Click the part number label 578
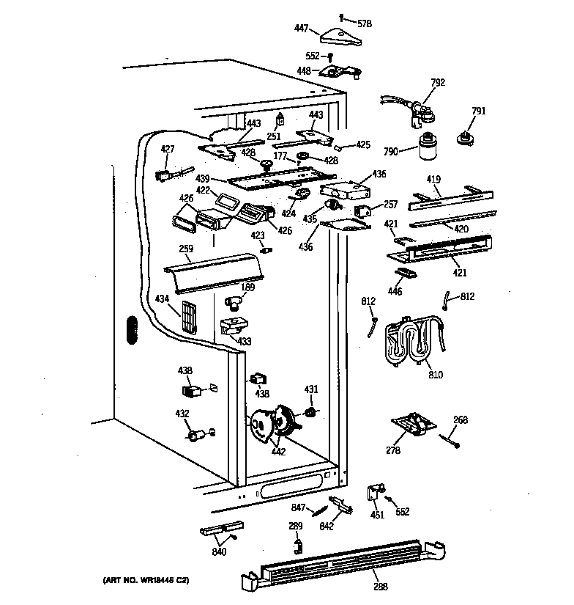click(364, 23)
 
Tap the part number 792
click(438, 83)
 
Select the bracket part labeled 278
click(411, 425)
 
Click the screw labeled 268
click(450, 440)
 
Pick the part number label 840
click(220, 552)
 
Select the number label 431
click(311, 389)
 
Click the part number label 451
click(376, 514)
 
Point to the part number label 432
click(182, 414)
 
